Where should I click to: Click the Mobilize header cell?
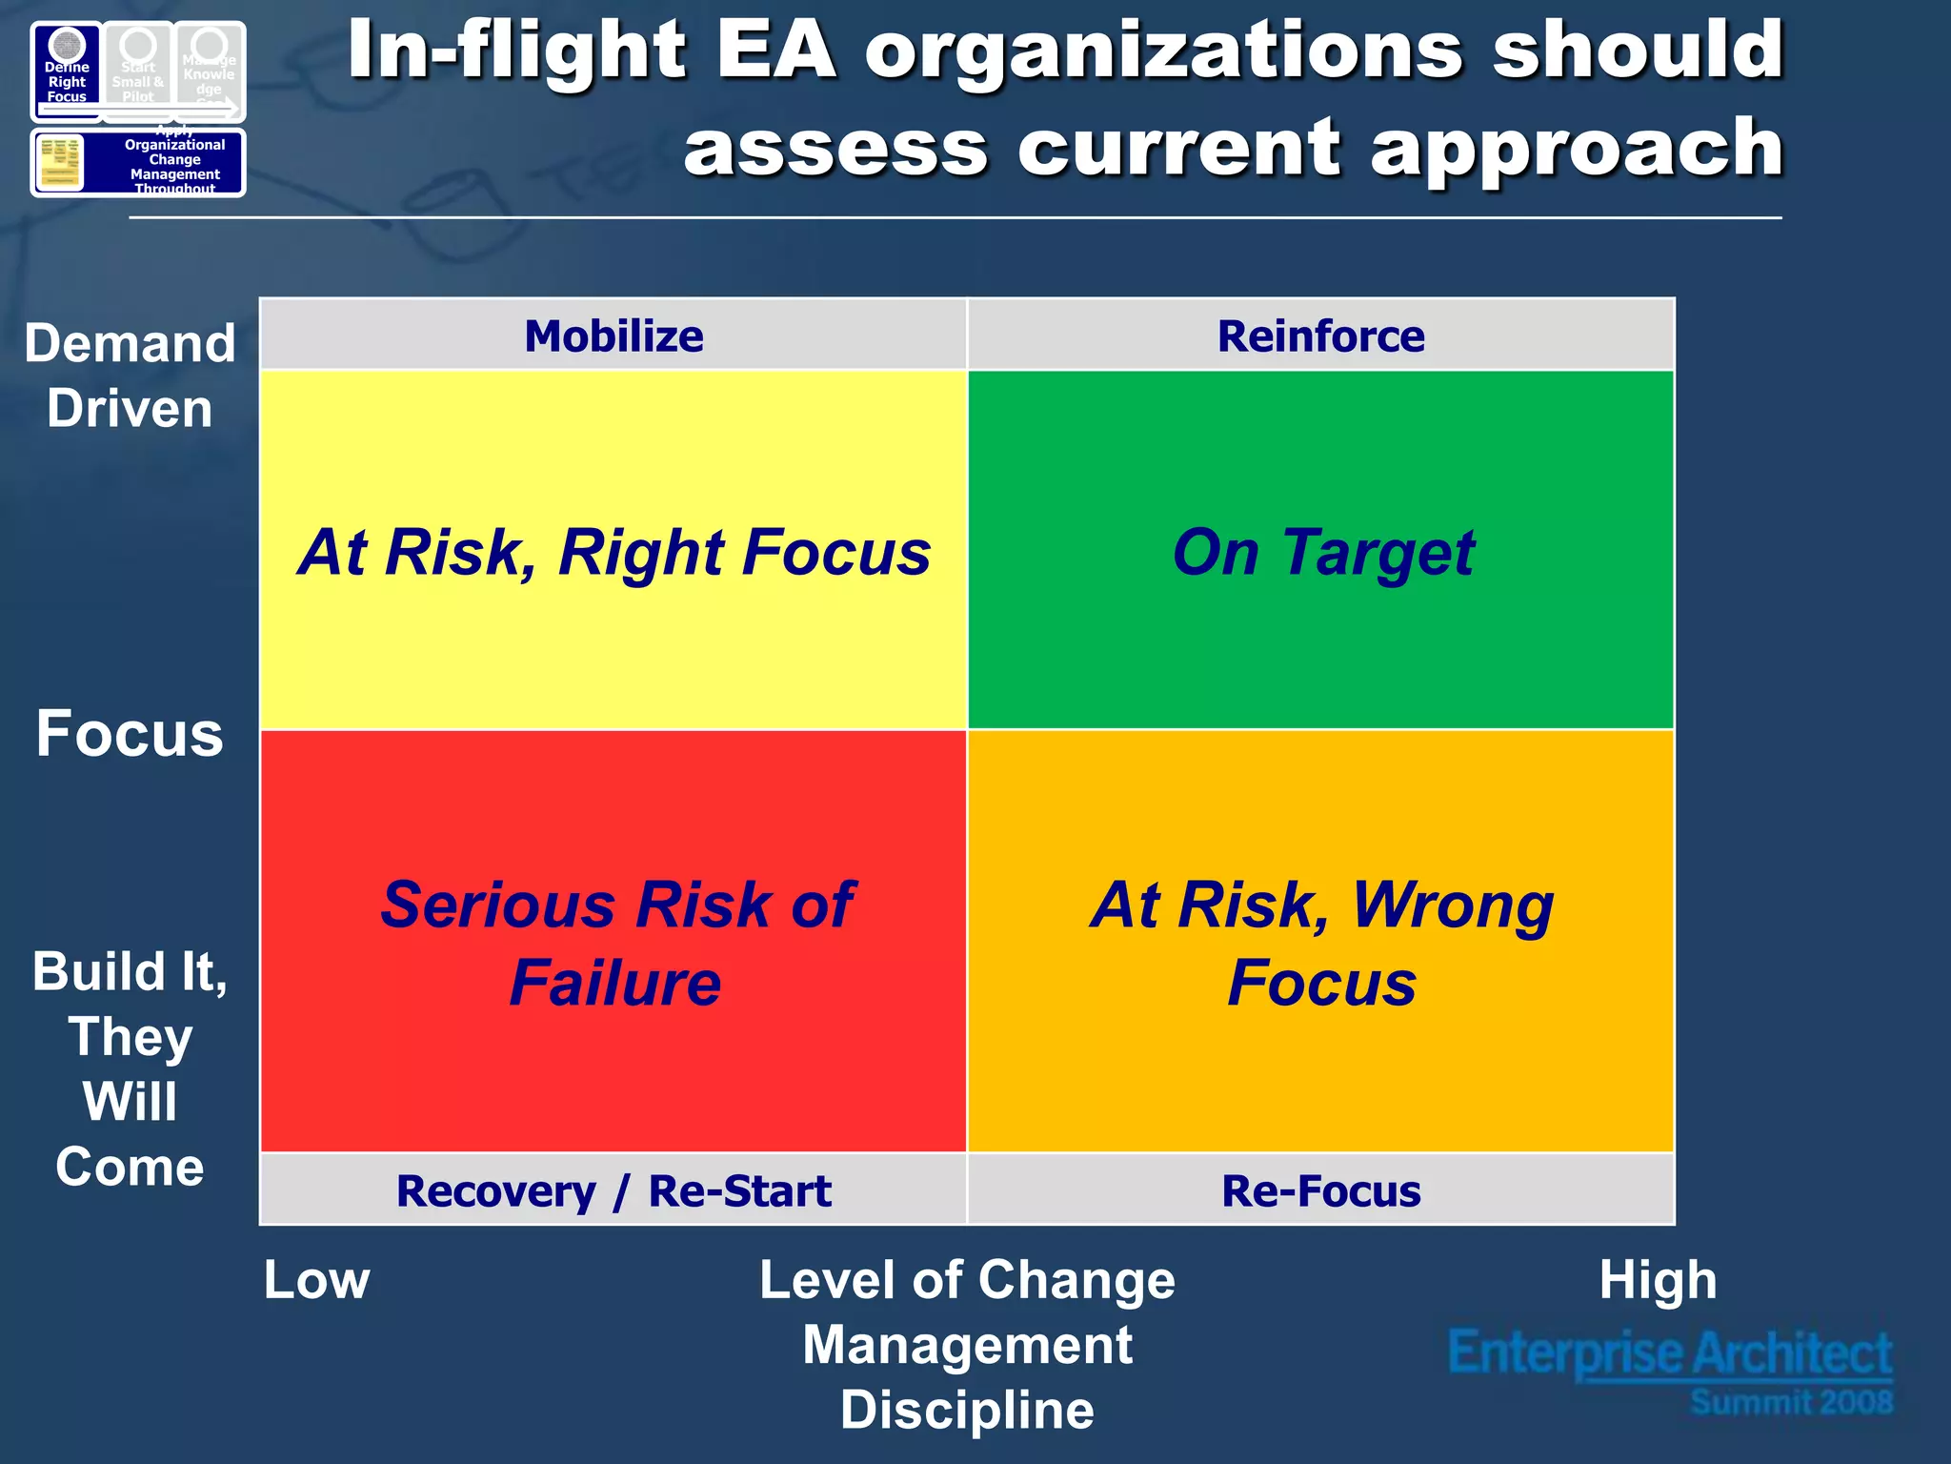point(613,335)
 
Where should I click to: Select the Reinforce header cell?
point(1320,335)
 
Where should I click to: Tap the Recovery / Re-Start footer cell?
point(613,1190)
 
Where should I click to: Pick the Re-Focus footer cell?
point(1320,1190)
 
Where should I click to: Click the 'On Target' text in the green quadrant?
point(1322,553)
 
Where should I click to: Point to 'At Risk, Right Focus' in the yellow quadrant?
point(613,553)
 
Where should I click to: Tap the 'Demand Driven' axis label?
point(130,376)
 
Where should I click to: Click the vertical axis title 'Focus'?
point(130,734)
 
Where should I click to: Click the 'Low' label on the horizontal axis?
point(316,1279)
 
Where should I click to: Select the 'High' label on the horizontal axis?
point(1658,1279)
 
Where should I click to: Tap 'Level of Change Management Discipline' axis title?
point(967,1344)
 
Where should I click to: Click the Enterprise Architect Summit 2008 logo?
point(1670,1370)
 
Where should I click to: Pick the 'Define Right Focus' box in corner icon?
point(67,72)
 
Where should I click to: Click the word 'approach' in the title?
point(1576,148)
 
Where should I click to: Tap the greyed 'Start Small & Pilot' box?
point(138,72)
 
